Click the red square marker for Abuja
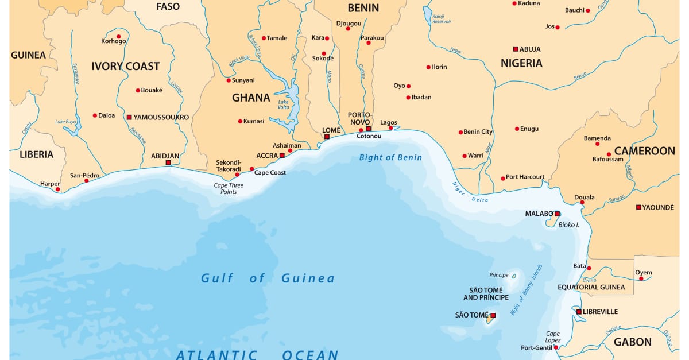(516, 49)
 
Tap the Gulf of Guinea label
(268, 278)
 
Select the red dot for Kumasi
(240, 121)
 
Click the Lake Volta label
(284, 104)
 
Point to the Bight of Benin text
(390, 157)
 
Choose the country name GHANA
(251, 98)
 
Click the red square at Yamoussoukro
(129, 117)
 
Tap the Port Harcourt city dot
(503, 178)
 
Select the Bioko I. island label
(569, 224)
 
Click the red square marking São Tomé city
(493, 315)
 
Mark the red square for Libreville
(579, 312)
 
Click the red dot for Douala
(582, 202)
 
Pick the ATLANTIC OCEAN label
(257, 354)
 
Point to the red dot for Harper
(57, 189)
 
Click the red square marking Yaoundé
(638, 207)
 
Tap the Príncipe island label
(499, 275)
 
